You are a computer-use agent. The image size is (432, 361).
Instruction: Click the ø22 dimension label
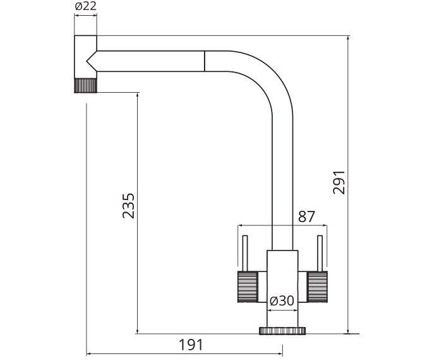pos(85,6)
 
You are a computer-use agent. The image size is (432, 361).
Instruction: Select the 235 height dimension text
pos(128,205)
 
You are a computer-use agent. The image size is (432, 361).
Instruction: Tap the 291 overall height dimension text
pos(339,182)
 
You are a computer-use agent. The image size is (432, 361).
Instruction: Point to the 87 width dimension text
pos(306,216)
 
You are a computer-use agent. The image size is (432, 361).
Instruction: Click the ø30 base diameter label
pos(282,301)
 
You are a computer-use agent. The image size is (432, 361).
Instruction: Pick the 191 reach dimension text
pos(191,345)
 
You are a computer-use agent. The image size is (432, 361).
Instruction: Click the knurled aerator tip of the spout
pos(86,86)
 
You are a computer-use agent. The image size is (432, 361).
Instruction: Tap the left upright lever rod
pos(244,252)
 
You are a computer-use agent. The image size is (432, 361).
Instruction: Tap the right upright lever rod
pos(320,252)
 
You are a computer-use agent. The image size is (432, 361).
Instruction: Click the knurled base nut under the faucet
pos(282,330)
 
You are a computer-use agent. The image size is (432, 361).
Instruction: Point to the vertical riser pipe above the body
pos(282,189)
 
